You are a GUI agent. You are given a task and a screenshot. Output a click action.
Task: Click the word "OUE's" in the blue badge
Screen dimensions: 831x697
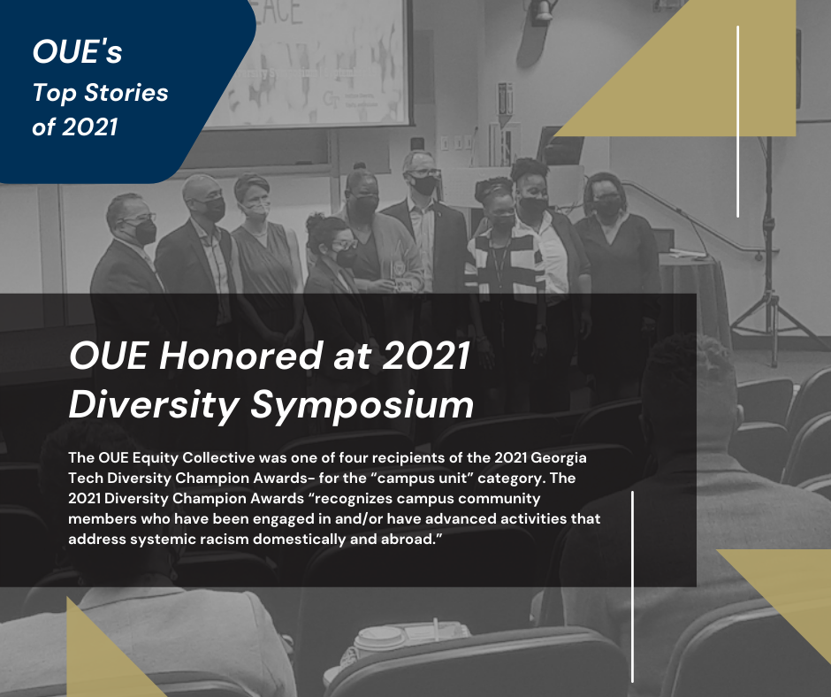tap(78, 52)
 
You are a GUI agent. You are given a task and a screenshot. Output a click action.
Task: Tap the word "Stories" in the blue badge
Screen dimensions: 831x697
tap(126, 92)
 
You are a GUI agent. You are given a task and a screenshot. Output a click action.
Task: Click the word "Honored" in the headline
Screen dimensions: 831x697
tap(241, 356)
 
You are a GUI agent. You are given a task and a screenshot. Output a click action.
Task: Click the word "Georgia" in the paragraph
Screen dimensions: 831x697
tap(559, 457)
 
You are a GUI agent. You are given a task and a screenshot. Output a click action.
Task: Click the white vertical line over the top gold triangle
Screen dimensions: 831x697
tap(737, 121)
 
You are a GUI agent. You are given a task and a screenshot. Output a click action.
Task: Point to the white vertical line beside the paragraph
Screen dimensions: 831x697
tap(632, 586)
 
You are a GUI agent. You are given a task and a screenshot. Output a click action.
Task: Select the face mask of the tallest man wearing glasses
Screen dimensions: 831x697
tap(424, 185)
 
